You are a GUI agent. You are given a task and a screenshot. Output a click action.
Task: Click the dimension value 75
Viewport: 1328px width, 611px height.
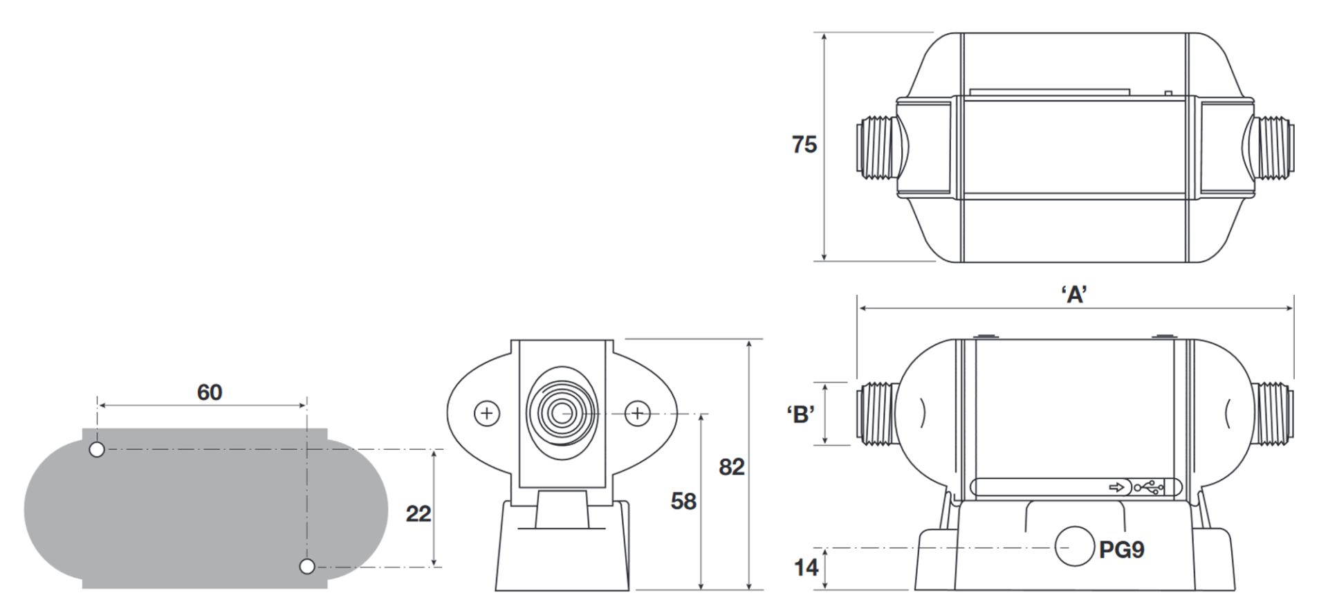[804, 145]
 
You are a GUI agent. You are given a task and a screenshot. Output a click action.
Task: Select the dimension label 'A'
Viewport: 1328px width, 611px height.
[1074, 295]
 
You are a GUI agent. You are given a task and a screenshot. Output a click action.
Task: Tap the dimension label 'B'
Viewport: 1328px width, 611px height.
[800, 414]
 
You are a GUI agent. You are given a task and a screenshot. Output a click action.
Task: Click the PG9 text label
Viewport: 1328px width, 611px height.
[1121, 550]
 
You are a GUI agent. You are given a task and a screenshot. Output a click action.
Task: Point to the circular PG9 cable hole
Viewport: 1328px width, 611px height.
[1074, 547]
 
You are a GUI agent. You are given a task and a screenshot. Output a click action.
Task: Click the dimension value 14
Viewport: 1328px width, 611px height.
[806, 568]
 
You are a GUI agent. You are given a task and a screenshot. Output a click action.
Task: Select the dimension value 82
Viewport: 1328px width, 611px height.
[731, 467]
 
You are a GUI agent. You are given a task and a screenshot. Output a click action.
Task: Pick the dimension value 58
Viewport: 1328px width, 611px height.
[683, 501]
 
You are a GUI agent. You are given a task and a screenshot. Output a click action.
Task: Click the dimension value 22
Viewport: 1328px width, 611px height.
[418, 513]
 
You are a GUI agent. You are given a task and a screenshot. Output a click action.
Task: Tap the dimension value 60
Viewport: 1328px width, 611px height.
[210, 392]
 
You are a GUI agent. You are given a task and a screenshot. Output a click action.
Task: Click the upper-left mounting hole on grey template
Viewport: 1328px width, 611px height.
[98, 450]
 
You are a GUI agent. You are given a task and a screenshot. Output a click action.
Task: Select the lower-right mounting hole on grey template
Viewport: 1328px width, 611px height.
[307, 567]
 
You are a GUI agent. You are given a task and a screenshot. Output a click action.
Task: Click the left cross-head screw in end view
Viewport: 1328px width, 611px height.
[487, 414]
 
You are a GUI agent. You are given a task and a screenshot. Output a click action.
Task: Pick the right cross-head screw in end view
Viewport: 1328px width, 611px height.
[637, 414]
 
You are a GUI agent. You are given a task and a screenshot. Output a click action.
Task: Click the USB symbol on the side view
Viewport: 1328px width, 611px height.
[1149, 488]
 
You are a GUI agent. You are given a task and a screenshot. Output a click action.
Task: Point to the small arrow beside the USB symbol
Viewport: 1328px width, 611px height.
[1116, 488]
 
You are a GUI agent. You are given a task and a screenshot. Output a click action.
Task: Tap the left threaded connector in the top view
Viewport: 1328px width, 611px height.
[877, 149]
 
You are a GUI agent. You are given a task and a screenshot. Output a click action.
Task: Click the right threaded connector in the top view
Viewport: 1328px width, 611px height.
[1274, 149]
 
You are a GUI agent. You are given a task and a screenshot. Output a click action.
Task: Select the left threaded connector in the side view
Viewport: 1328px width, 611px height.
[877, 414]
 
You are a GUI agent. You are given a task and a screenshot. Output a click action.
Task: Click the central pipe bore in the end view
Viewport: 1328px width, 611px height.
[561, 414]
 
